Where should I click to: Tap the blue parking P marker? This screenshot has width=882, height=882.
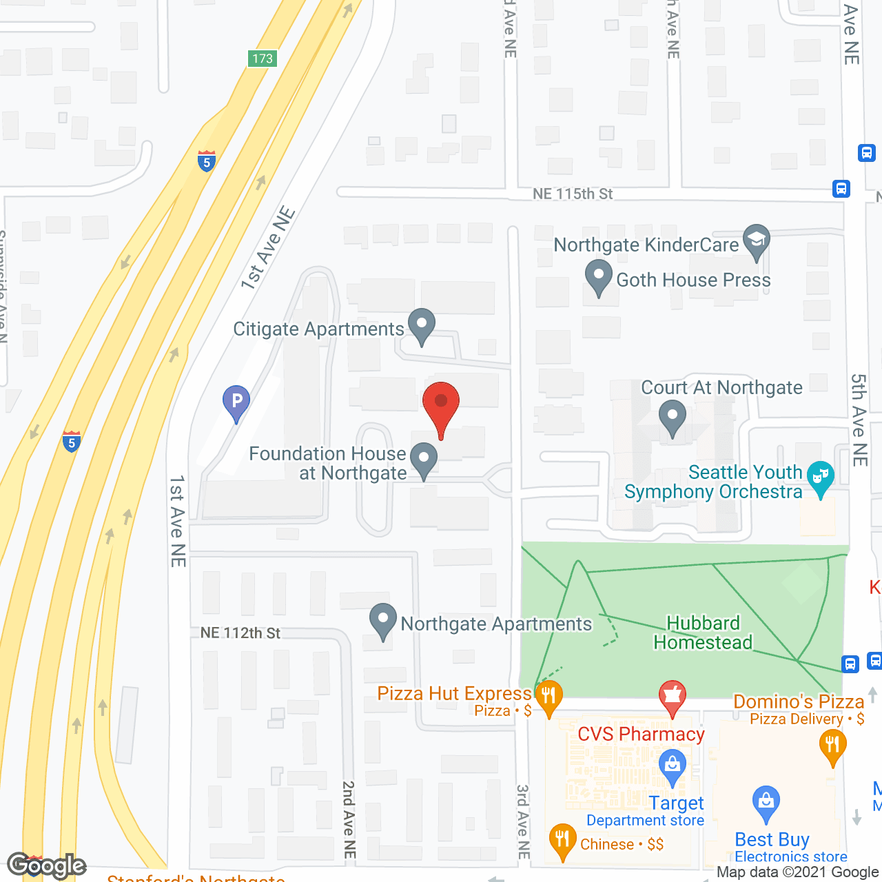pos(236,402)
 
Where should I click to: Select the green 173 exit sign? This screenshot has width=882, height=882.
pos(263,59)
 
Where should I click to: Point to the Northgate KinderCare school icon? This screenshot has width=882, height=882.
pos(757,241)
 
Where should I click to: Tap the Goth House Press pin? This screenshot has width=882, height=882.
pos(598,277)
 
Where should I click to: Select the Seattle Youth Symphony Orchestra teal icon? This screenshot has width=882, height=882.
pos(820,478)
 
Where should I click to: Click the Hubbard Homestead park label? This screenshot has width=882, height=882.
pos(703,633)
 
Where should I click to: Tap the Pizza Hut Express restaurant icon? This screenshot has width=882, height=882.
pos(548,697)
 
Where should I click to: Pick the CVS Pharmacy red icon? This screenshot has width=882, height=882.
pos(673,697)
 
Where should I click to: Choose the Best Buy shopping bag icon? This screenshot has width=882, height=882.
pos(766,803)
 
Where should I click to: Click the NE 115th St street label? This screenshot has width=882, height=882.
pos(573,194)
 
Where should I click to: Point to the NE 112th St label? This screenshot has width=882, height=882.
pos(240,633)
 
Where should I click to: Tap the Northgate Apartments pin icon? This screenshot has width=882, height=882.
pos(382,620)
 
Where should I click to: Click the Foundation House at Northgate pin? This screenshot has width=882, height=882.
pos(424,460)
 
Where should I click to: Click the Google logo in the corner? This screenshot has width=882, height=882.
pos(47,865)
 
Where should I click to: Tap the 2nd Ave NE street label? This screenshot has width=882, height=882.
pos(349,820)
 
